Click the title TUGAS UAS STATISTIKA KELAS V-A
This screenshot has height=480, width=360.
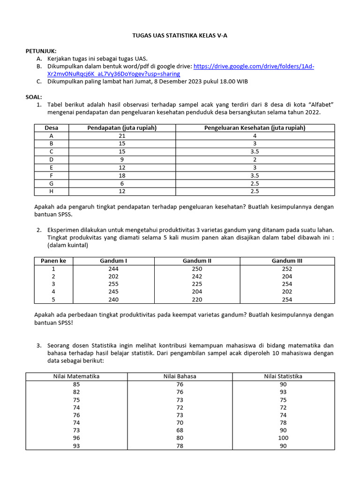coord(180,36)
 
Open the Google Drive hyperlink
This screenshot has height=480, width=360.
coord(253,67)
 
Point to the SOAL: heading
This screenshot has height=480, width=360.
coord(34,97)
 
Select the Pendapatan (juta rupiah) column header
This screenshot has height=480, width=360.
coord(122,128)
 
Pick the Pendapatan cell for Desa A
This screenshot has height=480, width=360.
coord(122,136)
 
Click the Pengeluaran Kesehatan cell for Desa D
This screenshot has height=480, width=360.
coord(255,159)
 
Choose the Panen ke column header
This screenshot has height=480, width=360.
coord(53,261)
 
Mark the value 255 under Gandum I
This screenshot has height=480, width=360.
coord(113,284)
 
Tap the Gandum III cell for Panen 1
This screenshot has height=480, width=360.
coord(287,269)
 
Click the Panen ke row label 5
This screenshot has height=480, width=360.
coord(53,300)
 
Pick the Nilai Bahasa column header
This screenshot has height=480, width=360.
coord(180,376)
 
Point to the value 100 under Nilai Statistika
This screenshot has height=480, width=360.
coord(283,438)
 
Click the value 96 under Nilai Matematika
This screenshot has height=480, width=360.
coord(76,438)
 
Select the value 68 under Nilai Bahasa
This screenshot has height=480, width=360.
coord(180,430)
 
